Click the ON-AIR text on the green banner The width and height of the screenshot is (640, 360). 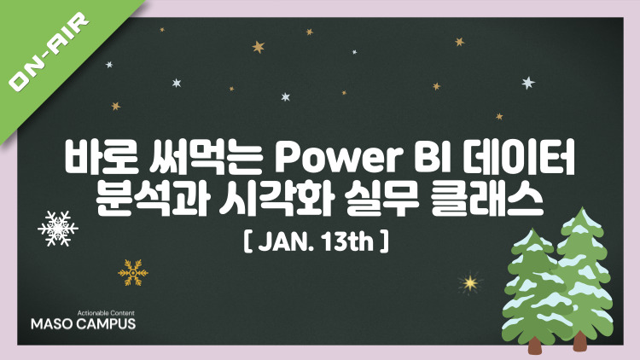[49, 52]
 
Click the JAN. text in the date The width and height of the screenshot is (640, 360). [283, 242]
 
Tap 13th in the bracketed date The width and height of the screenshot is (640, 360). [348, 242]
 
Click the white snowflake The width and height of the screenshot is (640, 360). [58, 229]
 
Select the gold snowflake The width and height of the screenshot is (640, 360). [133, 272]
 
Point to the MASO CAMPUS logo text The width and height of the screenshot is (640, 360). [84, 324]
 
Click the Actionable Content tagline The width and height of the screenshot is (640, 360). [106, 313]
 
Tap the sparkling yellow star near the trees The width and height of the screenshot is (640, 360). [470, 282]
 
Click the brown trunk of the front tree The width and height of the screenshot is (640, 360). [536, 345]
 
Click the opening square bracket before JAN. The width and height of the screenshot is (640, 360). [247, 242]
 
